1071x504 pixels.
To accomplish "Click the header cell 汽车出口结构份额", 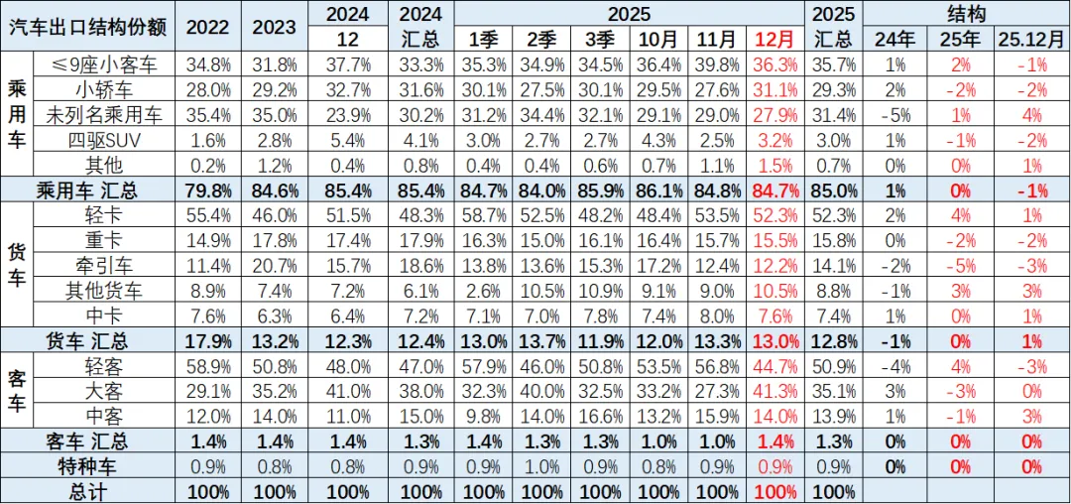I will (x=89, y=26).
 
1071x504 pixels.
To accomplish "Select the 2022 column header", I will (x=205, y=26).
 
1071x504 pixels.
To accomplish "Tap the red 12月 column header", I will (x=773, y=39).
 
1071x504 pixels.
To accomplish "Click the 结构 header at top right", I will (x=966, y=13).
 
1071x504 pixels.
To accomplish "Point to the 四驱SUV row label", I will (x=104, y=139).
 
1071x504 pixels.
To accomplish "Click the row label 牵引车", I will (x=104, y=266).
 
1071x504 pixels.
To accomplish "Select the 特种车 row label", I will (x=89, y=466).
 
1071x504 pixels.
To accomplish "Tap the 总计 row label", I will (x=89, y=491).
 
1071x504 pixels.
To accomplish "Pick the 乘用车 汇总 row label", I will (x=89, y=189).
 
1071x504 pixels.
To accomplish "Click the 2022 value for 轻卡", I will (x=205, y=214).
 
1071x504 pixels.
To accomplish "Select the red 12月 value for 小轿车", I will (x=773, y=89).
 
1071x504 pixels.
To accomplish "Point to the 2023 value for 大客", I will (x=274, y=391).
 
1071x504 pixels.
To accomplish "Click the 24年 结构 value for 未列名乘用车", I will (x=894, y=114).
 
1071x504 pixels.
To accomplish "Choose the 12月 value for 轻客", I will (x=773, y=366).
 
